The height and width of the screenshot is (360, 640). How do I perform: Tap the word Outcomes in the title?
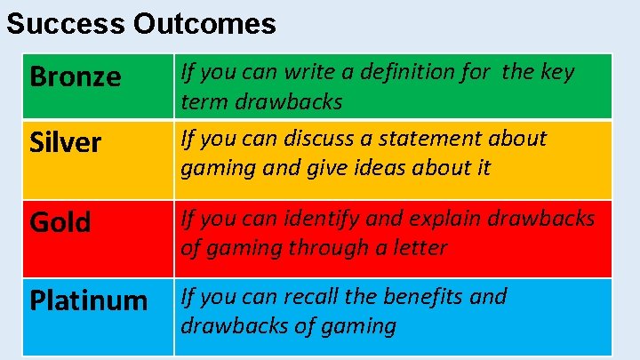tap(205, 24)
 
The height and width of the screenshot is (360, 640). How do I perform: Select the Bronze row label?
tap(76, 77)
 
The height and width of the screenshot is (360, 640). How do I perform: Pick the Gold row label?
tap(60, 222)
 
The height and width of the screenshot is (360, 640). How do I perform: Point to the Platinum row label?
tap(89, 300)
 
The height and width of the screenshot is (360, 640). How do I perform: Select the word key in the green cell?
tap(557, 72)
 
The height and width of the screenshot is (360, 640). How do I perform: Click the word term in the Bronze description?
tap(204, 102)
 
